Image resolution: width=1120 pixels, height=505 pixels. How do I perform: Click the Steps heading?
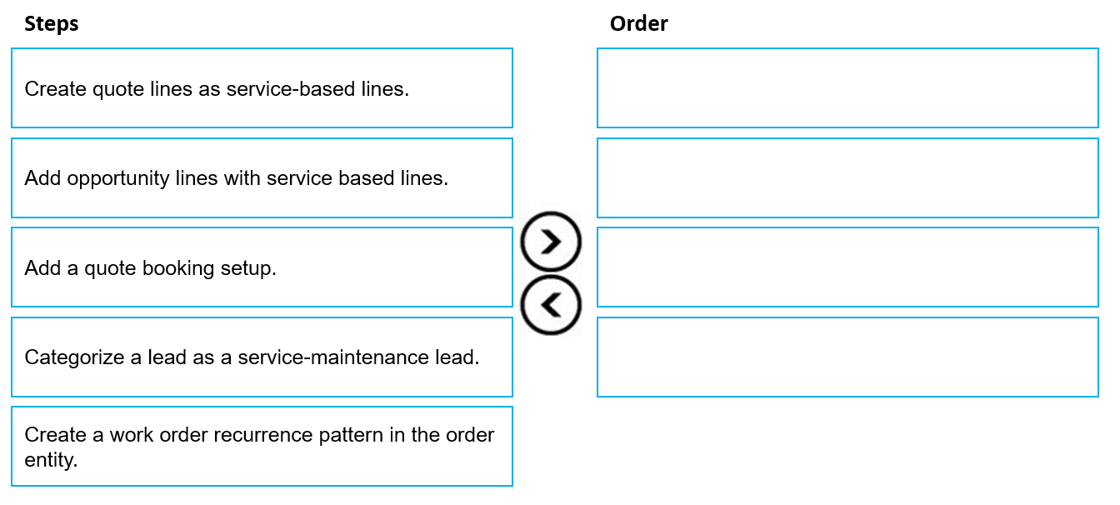(52, 24)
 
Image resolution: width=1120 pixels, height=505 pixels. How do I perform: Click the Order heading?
(638, 23)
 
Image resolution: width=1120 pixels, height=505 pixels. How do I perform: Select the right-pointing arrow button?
(551, 242)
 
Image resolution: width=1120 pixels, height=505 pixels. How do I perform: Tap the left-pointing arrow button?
(551, 305)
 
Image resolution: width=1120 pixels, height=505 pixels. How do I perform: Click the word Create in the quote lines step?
(56, 89)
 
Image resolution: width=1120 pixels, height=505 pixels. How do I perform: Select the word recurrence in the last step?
(263, 435)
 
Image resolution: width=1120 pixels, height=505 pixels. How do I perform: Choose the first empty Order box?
(847, 88)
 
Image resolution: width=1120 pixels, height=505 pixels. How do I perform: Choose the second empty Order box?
(847, 178)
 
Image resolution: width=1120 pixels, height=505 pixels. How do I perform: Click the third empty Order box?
(847, 267)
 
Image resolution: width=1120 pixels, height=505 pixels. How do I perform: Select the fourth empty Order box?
(847, 357)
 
